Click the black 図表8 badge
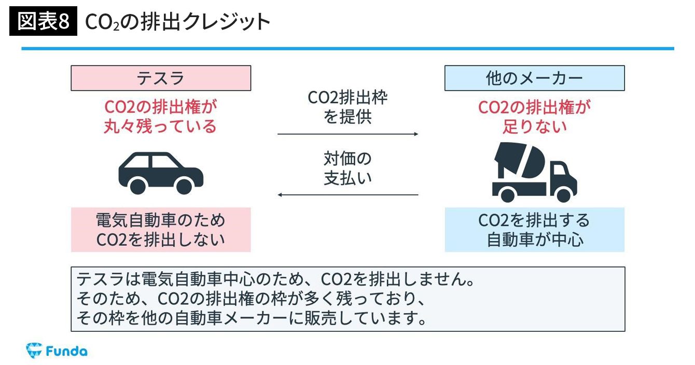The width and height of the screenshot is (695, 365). coord(43,22)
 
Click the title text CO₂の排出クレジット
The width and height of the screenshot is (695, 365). coord(177,22)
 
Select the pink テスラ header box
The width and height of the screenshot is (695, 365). coord(161,78)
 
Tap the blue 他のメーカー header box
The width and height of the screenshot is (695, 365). coord(534,78)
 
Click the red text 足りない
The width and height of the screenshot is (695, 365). coord(534,127)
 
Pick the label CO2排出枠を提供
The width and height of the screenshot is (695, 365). coord(347,107)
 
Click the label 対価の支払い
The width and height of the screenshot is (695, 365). coord(347,168)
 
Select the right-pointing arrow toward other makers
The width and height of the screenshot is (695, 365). coord(347,134)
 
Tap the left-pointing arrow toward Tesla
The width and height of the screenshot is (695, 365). coord(347,195)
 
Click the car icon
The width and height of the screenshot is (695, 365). coord(161,173)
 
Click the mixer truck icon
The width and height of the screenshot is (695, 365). coord(534,172)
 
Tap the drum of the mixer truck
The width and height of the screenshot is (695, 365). coord(520,160)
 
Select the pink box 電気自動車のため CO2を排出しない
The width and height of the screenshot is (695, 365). coord(161,230)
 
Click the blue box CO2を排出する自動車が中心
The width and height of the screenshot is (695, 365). coord(534,230)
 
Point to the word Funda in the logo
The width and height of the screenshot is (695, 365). coord(66,351)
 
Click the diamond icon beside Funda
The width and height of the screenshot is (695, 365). coord(34,350)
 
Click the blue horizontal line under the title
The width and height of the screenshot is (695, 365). coord(347,49)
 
